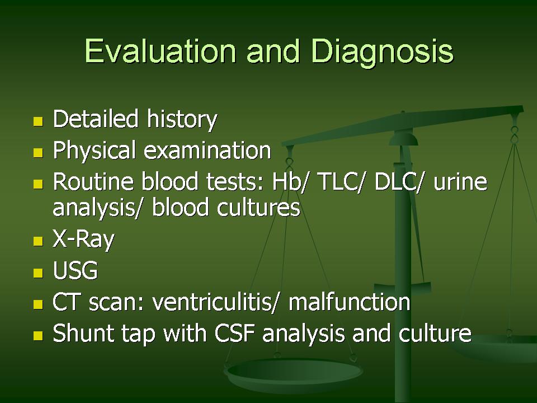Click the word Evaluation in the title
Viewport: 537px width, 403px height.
(x=161, y=51)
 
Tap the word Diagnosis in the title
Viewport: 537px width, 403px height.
(x=383, y=52)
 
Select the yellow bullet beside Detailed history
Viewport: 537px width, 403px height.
(x=38, y=121)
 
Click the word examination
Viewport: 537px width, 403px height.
(x=208, y=151)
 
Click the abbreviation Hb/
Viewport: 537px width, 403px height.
(x=291, y=181)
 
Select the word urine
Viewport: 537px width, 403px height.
(x=460, y=182)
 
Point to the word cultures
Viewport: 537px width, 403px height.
(x=259, y=208)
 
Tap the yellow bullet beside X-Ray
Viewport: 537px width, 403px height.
(x=38, y=241)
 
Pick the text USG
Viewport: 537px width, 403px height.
(x=76, y=270)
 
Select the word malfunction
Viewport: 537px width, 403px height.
(x=349, y=302)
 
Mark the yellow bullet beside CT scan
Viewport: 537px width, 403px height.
(x=38, y=304)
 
